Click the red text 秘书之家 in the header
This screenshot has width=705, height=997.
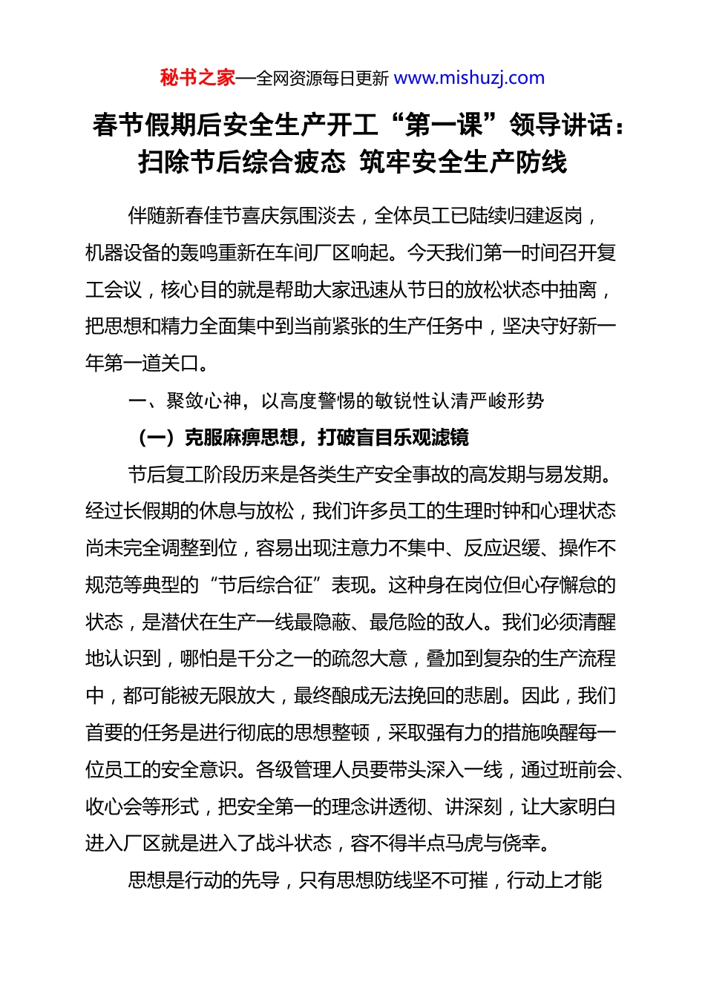197,78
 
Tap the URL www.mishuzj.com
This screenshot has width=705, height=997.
469,78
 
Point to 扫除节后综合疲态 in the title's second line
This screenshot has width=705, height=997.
242,162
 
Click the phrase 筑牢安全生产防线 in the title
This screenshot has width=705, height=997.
463,162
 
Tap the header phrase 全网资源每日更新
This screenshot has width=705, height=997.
322,78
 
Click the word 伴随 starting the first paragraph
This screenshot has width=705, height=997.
147,216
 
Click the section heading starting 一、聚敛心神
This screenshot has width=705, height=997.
335,401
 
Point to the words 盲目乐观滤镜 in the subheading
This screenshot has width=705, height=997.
413,438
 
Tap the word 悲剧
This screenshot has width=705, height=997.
484,696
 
